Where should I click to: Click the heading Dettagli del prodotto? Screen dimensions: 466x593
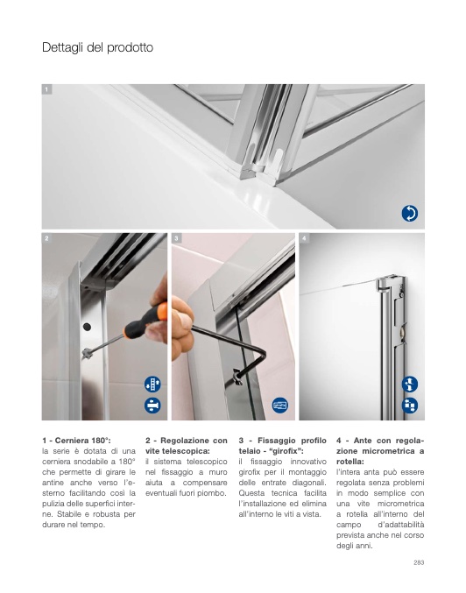[97, 47]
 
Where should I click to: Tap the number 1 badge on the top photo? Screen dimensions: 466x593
[46, 89]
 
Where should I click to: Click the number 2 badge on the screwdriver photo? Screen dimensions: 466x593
[46, 238]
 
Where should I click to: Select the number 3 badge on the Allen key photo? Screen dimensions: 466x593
[176, 238]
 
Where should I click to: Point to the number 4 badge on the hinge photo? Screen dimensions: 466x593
[304, 238]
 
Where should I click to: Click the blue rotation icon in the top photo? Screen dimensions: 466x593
[410, 214]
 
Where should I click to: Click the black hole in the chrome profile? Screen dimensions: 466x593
[87, 327]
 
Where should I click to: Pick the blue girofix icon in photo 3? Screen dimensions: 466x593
[280, 406]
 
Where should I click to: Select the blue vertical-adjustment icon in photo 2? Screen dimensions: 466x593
[152, 385]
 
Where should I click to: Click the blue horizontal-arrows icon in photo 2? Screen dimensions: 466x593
[152, 406]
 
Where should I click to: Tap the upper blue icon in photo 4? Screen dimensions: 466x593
[410, 385]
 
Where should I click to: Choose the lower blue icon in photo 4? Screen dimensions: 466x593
[410, 406]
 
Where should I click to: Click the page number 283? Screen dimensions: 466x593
[419, 562]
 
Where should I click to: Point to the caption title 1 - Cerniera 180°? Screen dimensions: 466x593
[76, 441]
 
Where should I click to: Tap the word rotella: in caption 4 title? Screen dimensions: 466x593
[350, 462]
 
